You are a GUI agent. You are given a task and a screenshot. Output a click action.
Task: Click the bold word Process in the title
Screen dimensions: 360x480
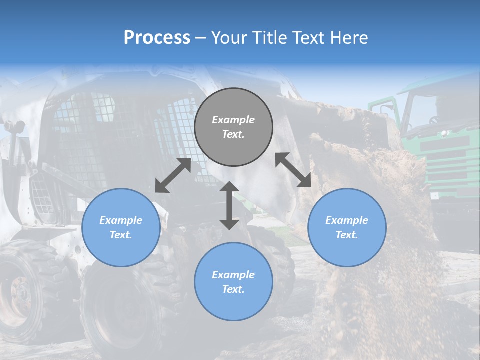pos(157,38)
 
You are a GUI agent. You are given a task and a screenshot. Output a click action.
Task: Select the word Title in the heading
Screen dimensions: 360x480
pos(268,38)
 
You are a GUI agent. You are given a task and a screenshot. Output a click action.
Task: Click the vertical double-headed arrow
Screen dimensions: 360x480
pos(229,205)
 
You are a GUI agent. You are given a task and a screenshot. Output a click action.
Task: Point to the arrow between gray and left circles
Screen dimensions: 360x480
pos(173,175)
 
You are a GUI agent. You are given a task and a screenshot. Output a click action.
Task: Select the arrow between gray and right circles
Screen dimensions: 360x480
pos(293,170)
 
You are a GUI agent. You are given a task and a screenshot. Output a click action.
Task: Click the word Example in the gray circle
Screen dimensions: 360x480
pos(233,120)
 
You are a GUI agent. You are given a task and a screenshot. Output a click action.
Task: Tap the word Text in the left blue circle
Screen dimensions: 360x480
pos(121,235)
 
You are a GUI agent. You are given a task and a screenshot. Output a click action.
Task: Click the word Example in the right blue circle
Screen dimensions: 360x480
pos(347,220)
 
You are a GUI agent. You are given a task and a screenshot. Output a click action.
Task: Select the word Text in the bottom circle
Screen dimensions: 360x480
pos(233,289)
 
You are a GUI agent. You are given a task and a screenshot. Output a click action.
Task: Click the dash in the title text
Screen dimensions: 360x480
pos(200,38)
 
